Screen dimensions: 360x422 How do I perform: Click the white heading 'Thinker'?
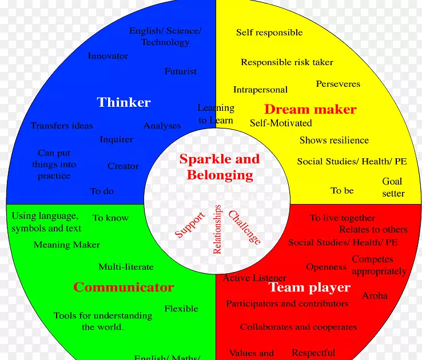(124, 102)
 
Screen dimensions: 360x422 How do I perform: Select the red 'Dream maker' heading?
(310, 109)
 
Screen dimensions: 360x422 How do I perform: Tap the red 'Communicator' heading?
(123, 287)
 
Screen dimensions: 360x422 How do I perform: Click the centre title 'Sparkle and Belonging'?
(220, 167)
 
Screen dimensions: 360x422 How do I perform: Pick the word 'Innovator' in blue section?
(108, 56)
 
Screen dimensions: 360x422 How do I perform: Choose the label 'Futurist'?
(180, 71)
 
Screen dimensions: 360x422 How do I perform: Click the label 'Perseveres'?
(338, 84)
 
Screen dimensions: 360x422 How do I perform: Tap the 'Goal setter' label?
(393, 187)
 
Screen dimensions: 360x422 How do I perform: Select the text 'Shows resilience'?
(334, 140)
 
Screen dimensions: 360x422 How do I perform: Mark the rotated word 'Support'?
(189, 225)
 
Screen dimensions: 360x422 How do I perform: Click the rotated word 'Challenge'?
(245, 227)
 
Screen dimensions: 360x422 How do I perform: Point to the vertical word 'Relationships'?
(217, 229)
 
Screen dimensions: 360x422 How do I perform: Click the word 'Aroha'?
(375, 296)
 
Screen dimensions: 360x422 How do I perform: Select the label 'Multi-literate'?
(126, 267)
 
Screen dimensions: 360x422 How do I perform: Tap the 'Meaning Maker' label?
(66, 245)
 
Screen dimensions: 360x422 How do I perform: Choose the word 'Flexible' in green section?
(181, 309)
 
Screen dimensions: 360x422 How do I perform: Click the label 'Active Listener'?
(254, 278)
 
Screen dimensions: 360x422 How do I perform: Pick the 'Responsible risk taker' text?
(286, 62)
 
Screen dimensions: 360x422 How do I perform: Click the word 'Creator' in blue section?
(123, 166)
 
